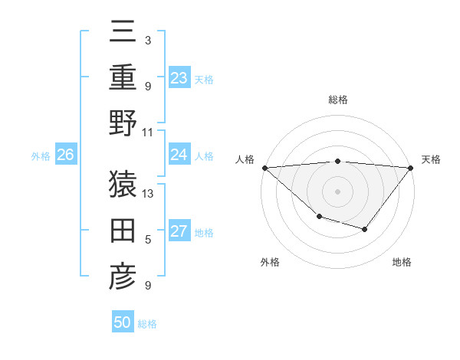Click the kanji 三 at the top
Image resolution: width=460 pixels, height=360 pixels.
click(122, 31)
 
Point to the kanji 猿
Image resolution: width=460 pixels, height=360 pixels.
click(122, 183)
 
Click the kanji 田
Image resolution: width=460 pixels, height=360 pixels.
click(122, 230)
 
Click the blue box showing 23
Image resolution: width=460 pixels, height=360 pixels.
click(179, 77)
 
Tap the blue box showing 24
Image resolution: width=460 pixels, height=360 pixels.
click(179, 155)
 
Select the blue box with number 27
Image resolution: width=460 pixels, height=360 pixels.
click(179, 231)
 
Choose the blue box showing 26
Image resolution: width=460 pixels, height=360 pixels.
click(65, 155)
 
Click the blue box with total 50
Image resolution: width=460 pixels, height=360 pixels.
click(123, 322)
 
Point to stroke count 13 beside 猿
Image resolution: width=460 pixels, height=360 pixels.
click(149, 193)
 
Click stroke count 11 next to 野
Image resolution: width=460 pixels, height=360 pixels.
click(148, 132)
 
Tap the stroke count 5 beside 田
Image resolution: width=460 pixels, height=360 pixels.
click(148, 240)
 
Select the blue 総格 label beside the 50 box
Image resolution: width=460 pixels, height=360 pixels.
click(147, 324)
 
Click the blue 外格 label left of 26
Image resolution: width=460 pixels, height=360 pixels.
click(41, 156)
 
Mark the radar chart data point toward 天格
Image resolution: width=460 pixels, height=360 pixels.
click(410, 168)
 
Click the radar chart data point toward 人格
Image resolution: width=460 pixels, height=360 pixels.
click(264, 168)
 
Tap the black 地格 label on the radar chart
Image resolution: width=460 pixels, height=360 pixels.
click(402, 262)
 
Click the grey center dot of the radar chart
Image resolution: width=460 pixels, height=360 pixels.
click(337, 191)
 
